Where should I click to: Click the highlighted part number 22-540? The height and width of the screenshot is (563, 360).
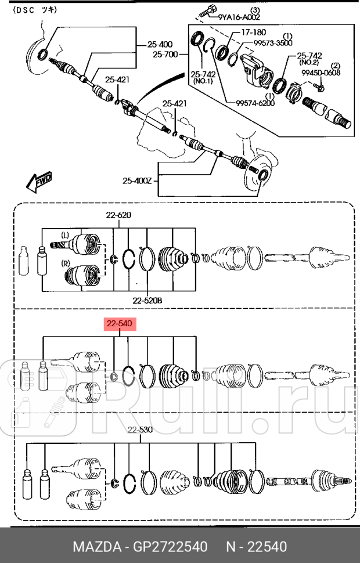pyautogui.click(x=120, y=324)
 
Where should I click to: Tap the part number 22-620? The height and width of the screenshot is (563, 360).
pyautogui.click(x=118, y=215)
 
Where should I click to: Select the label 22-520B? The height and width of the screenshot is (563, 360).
pyautogui.click(x=147, y=300)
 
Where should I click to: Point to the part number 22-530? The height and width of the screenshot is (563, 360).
pyautogui.click(x=140, y=430)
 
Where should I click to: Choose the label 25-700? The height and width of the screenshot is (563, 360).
pyautogui.click(x=165, y=55)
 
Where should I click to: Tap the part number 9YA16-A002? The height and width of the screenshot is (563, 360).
pyautogui.click(x=239, y=17)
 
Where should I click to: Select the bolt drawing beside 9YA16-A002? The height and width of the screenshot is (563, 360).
pyautogui.click(x=207, y=11)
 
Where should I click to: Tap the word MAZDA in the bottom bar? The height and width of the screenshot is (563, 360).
pyautogui.click(x=94, y=547)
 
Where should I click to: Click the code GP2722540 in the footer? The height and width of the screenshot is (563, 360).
pyautogui.click(x=169, y=547)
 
